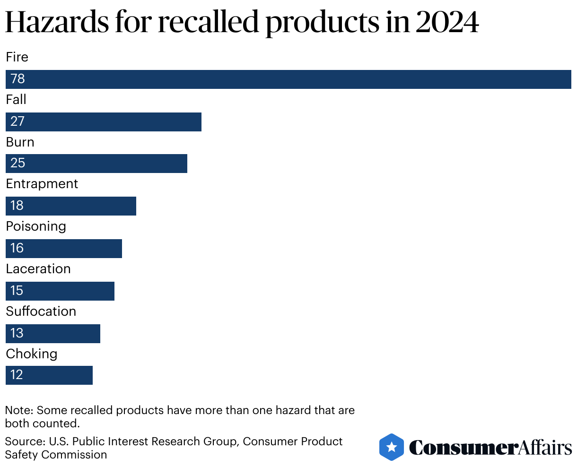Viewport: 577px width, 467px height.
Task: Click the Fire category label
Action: click(17, 57)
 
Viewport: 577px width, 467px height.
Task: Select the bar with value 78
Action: click(288, 79)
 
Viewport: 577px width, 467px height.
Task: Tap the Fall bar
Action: click(104, 121)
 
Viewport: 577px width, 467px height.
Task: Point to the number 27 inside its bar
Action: click(17, 121)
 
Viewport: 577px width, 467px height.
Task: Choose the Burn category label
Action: click(20, 142)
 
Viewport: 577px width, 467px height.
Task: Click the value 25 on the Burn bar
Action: click(17, 163)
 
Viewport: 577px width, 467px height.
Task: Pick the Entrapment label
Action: click(42, 184)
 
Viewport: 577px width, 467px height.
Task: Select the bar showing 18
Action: click(71, 206)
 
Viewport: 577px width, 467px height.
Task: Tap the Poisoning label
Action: click(36, 226)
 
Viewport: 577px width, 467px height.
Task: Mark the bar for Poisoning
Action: click(64, 249)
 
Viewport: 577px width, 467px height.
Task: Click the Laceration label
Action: click(38, 269)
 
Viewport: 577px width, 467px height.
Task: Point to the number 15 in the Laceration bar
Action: click(17, 291)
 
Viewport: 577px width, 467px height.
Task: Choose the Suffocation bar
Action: click(53, 334)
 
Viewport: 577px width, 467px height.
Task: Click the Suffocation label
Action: click(41, 311)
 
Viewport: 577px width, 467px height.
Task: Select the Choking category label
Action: click(31, 354)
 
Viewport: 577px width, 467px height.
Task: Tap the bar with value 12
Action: click(49, 375)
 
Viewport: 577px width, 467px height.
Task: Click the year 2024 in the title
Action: click(447, 22)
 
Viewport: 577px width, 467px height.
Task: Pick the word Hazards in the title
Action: click(58, 22)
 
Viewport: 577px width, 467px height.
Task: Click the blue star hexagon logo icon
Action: click(392, 447)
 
